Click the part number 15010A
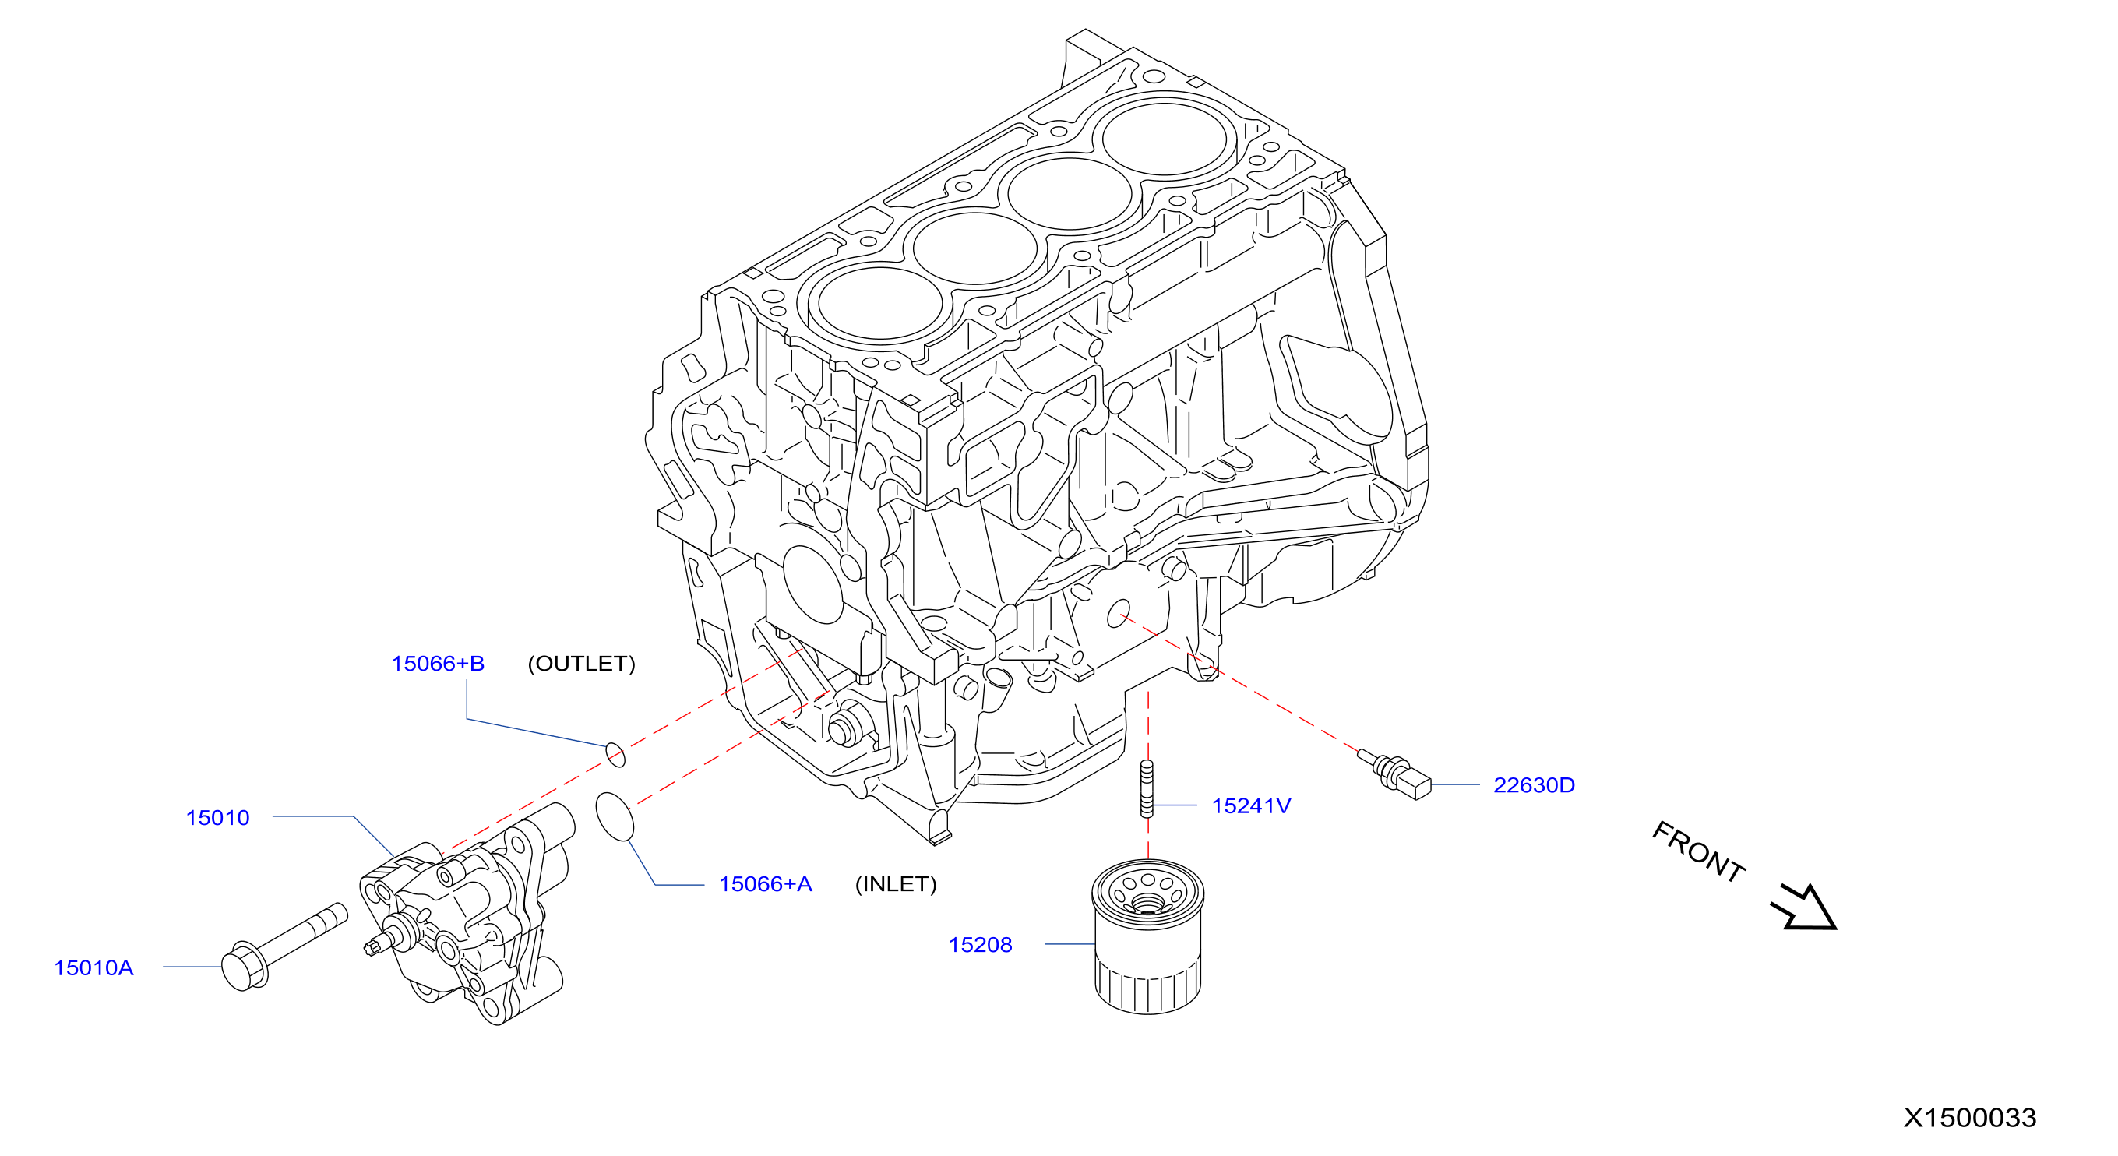93,967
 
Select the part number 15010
218,818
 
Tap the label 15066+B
439,664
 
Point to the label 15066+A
766,884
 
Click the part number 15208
981,945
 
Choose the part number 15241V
1251,805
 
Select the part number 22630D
1535,785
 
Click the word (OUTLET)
581,664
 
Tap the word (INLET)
897,884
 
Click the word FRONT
1699,851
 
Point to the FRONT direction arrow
1804,908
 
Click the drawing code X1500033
1970,1117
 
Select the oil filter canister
1147,936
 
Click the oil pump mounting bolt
284,947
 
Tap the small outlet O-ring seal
615,754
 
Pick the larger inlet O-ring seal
615,816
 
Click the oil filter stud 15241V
1147,788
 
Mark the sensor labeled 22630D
1394,774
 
